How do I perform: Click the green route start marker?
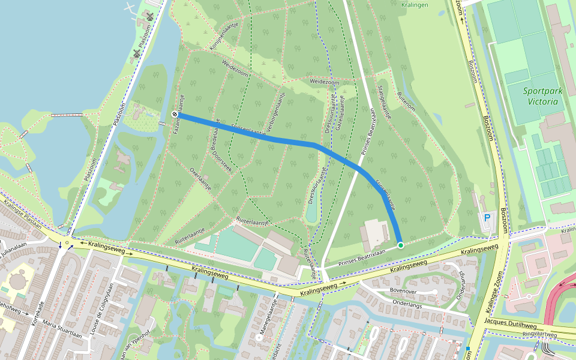coord(400,245)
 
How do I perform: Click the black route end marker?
coord(175,114)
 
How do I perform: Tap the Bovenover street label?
coord(403,290)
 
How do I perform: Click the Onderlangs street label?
coord(408,303)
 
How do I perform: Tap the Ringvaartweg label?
coord(539,335)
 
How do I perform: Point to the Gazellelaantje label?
coord(340,113)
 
